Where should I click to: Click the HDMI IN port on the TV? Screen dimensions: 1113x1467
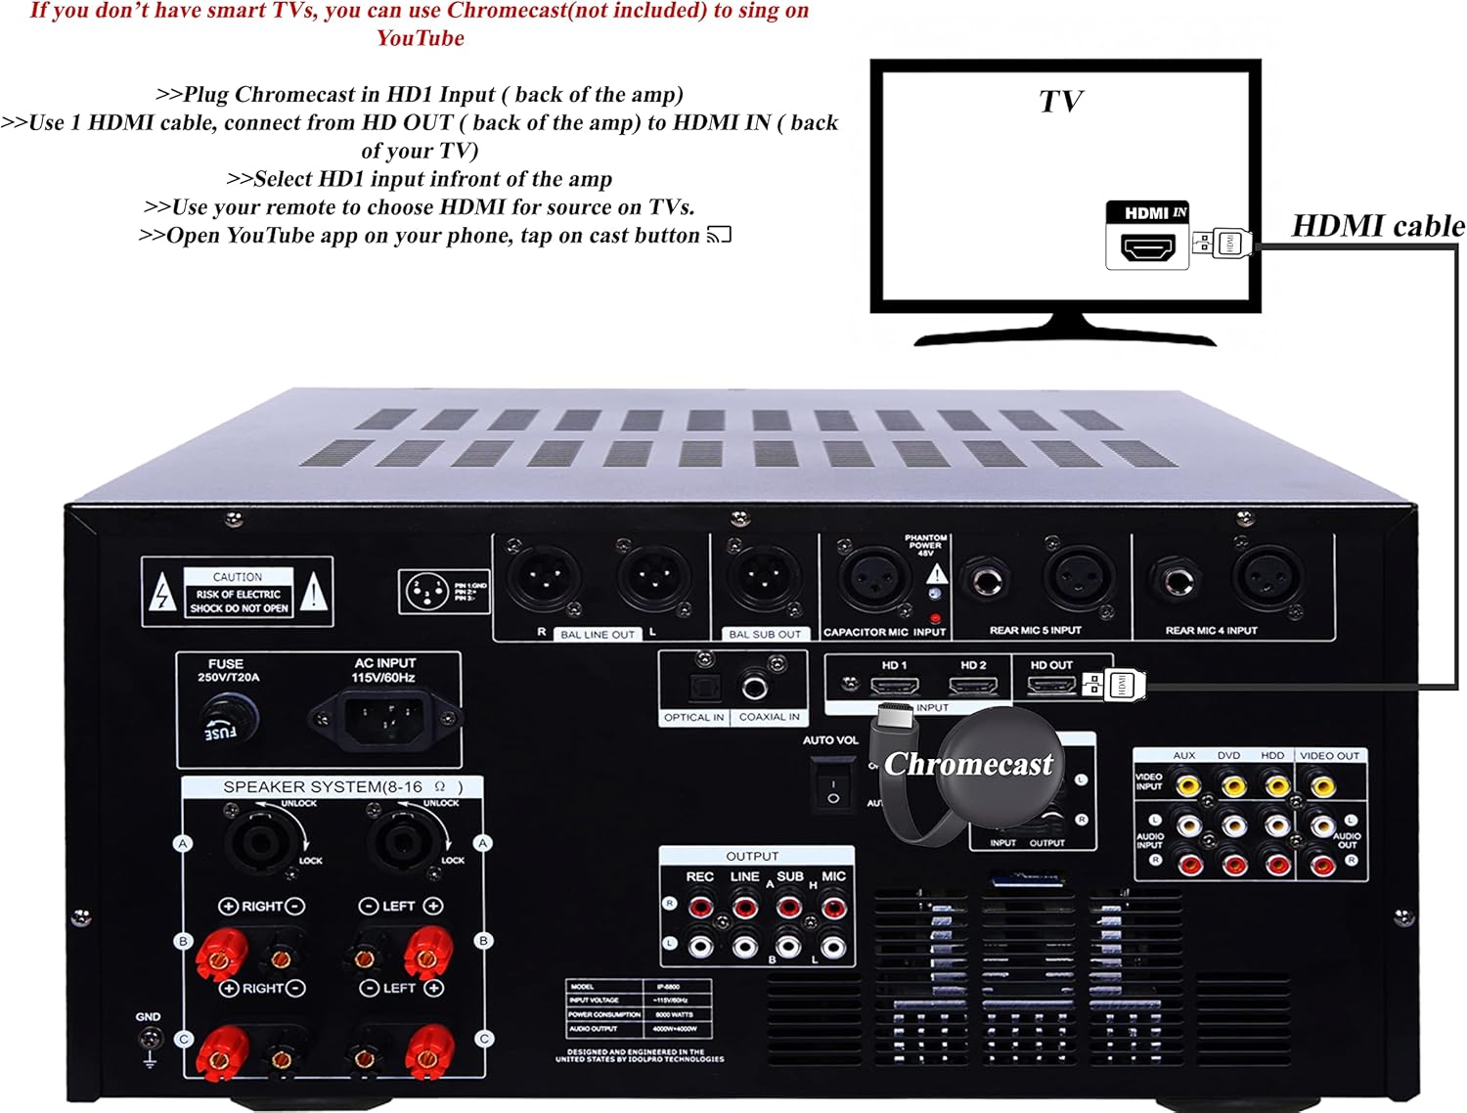click(1147, 247)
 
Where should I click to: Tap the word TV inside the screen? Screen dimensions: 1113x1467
click(1060, 102)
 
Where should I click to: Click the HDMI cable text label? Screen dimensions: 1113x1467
click(1377, 226)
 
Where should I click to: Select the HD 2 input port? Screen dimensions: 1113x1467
click(973, 685)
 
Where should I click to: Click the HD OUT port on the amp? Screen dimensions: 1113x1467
click(1050, 685)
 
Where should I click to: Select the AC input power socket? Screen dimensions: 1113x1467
click(383, 719)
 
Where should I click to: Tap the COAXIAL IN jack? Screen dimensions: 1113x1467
click(755, 688)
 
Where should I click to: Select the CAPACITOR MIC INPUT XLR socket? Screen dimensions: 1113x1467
click(869, 579)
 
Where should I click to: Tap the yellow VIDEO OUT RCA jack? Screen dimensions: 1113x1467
click(1322, 784)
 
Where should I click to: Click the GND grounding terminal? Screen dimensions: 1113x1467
click(150, 1040)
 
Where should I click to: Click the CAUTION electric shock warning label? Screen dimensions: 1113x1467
click(238, 593)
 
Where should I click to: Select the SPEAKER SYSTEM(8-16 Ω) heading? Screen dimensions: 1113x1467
click(341, 787)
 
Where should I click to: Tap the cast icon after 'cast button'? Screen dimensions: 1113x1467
click(719, 235)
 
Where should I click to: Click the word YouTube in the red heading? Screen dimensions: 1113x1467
click(421, 38)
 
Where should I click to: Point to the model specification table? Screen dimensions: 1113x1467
click(639, 1008)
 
